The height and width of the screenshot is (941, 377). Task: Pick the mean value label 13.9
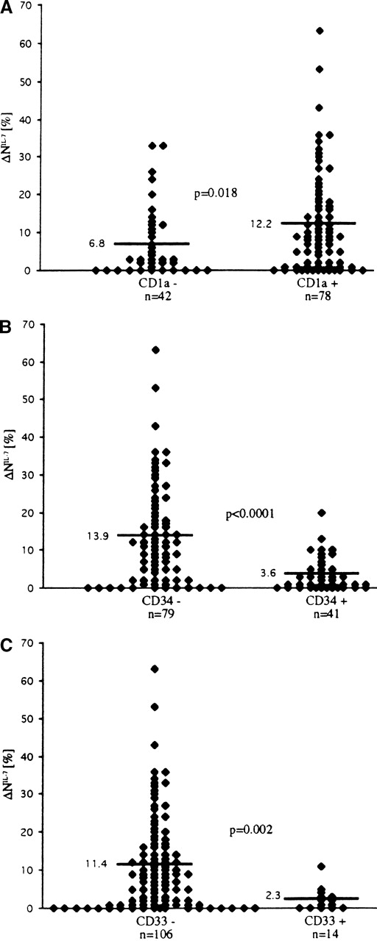98,535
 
